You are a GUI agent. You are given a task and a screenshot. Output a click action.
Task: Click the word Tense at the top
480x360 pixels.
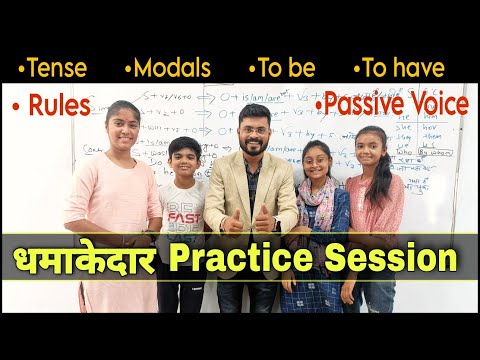coord(57,68)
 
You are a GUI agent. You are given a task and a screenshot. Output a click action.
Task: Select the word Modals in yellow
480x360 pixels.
coord(171,68)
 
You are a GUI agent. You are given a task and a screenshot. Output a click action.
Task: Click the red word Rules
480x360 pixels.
coord(60,104)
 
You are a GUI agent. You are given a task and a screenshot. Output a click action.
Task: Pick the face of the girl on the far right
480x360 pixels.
coord(370,148)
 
